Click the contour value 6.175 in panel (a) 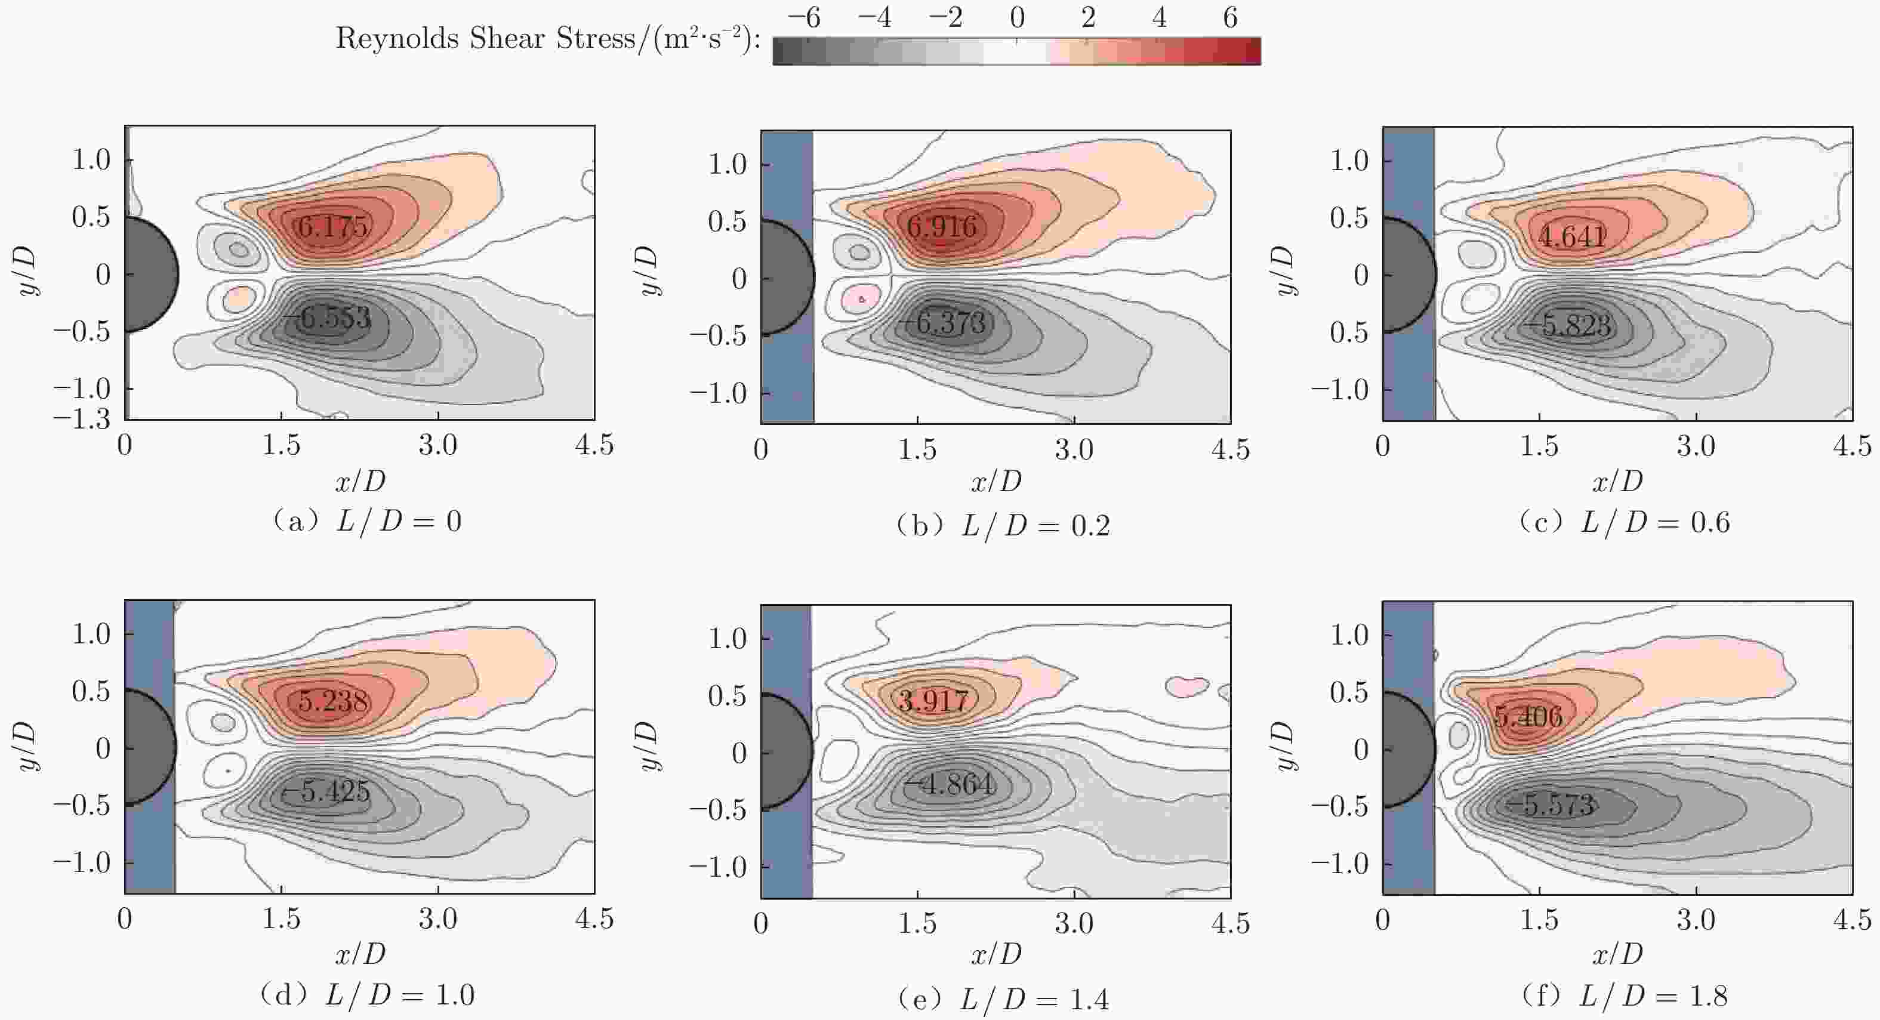point(332,227)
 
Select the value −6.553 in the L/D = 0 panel point(328,318)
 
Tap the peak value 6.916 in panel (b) point(941,227)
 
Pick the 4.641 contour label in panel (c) point(1572,236)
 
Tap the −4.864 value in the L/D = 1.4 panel point(950,785)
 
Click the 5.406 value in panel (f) point(1528,716)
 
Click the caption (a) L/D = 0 point(366,522)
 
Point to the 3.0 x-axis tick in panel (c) point(1696,446)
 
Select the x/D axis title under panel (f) point(1617,954)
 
